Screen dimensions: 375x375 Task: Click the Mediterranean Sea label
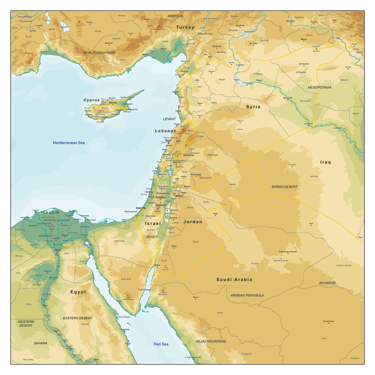[69, 143]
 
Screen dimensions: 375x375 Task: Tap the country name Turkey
[185, 27]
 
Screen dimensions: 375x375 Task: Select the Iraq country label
[325, 162]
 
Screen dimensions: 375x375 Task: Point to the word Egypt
[78, 292]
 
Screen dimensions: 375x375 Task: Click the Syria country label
[253, 107]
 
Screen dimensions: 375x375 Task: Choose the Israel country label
[153, 224]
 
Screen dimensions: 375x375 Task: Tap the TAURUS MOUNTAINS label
[99, 53]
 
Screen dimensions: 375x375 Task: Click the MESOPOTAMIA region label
[319, 88]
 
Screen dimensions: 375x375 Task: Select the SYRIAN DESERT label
[284, 187]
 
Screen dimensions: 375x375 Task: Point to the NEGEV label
[152, 237]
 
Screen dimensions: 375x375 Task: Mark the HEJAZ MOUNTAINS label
[211, 341]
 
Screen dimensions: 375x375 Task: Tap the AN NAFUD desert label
[327, 283]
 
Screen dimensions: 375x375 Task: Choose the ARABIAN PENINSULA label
[247, 295]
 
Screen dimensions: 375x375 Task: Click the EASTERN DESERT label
[78, 318]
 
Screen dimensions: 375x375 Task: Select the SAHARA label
[40, 343]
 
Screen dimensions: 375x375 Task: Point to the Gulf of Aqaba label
[145, 290]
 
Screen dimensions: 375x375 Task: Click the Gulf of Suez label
[124, 317]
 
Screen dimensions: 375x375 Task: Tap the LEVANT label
[170, 119]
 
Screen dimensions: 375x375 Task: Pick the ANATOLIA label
[175, 16]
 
